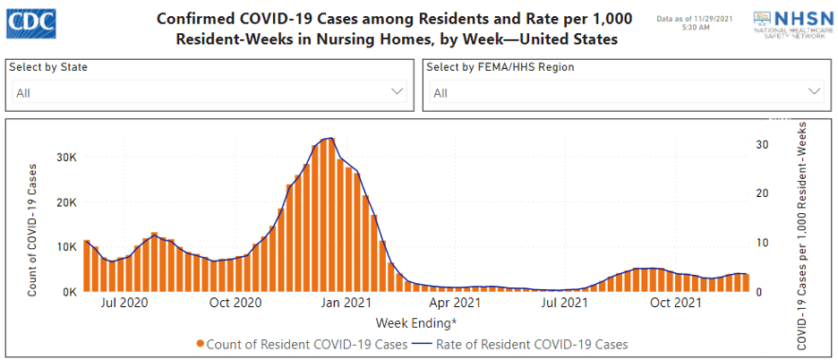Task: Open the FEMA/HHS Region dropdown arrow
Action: [814, 91]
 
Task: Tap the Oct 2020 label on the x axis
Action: [235, 304]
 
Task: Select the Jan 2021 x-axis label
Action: [346, 304]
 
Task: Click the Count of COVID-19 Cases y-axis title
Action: [32, 229]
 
